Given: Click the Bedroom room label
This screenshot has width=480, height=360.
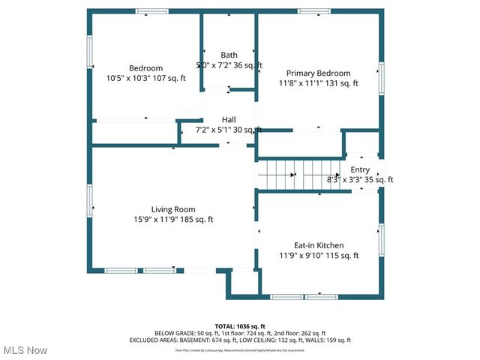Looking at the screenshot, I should click(145, 68).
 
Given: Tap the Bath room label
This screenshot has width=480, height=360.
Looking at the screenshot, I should click(229, 55).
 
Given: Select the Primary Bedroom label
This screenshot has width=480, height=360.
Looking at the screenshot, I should click(318, 73).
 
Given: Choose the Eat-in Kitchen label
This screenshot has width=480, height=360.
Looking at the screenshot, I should click(318, 245).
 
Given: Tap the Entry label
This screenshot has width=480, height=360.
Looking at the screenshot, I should click(360, 170).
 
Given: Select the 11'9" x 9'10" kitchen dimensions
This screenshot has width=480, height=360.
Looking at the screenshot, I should click(297, 256).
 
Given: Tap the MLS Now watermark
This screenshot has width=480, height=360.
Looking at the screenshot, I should click(25, 350).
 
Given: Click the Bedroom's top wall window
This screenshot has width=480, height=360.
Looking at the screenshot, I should click(152, 11).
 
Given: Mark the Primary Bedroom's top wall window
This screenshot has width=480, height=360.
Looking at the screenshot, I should click(313, 11).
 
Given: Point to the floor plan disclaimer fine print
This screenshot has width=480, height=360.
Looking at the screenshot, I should click(240, 349).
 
